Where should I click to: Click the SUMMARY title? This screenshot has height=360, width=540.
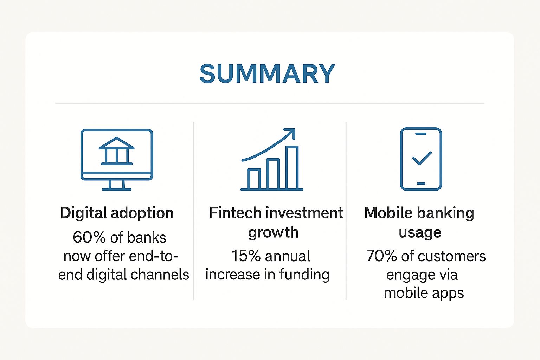point(267,73)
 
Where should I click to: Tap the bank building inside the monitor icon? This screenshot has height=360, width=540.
point(117,151)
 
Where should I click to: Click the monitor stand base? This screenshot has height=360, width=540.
point(117,189)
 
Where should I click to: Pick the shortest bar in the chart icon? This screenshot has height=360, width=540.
point(254,179)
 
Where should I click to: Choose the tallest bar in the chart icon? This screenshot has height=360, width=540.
point(292,167)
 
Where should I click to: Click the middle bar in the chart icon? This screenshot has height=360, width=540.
point(273,174)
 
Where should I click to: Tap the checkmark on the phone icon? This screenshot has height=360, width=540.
point(422,159)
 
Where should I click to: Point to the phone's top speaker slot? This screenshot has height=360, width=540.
point(421,134)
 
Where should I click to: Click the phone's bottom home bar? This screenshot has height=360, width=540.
point(421,184)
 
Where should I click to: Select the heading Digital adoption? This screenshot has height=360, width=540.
point(117,213)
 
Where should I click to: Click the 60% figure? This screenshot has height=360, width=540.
point(89,237)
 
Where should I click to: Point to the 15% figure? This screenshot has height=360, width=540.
point(246,256)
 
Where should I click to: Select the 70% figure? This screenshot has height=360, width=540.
point(381,256)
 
